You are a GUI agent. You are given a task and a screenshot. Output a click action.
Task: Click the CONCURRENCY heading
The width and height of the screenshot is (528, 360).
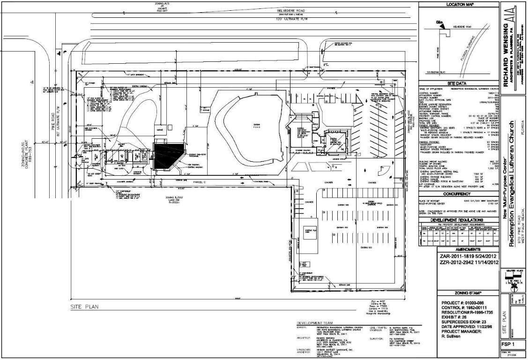click(x=458, y=193)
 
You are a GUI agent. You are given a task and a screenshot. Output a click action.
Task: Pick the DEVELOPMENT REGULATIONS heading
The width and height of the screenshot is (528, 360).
click(x=458, y=219)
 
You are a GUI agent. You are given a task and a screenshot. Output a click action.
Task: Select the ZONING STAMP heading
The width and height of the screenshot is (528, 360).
click(x=458, y=292)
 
